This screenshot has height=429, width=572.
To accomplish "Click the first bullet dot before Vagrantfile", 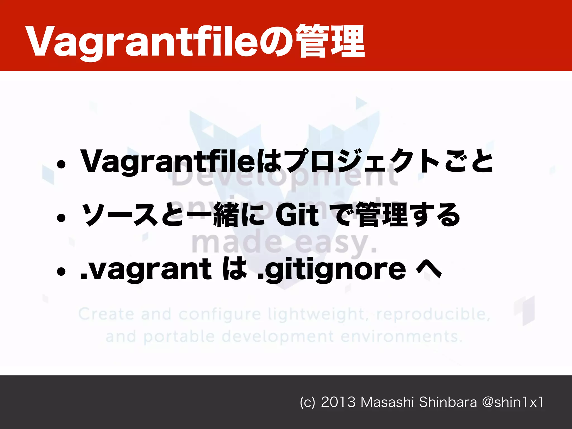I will (61, 165).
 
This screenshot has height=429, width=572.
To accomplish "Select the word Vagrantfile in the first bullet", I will (168, 161).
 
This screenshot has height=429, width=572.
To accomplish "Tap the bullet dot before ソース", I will (61, 218).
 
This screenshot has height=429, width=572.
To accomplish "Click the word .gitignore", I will (331, 269).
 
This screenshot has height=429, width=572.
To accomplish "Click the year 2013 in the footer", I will (338, 402).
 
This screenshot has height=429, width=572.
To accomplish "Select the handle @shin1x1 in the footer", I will (513, 402).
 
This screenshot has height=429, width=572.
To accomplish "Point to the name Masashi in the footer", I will (387, 402).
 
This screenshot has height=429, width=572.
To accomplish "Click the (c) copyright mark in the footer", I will (307, 402).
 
